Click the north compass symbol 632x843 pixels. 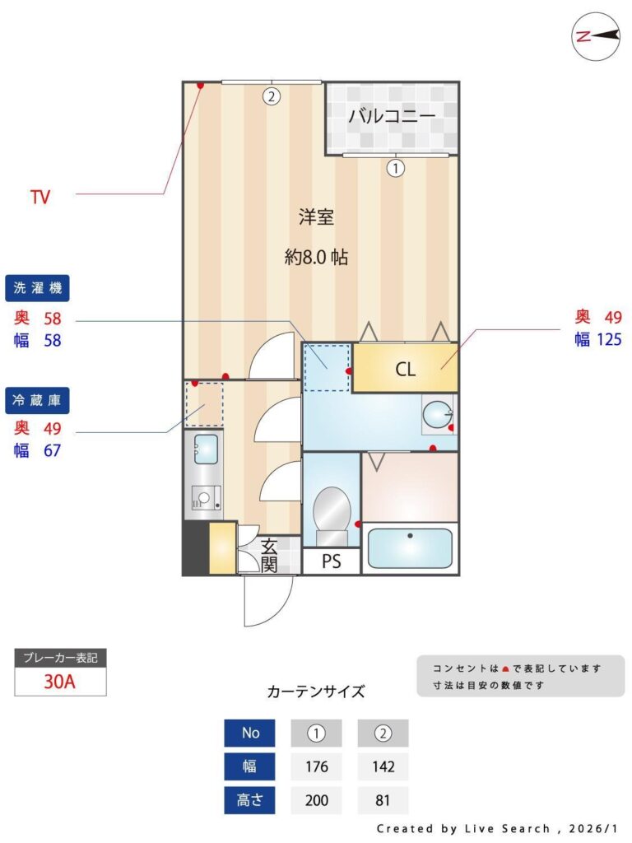point(596,36)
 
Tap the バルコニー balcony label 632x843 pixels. point(392,115)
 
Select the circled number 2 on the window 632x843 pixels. point(272,97)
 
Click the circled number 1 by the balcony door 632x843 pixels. point(396,168)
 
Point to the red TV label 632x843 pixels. point(40,198)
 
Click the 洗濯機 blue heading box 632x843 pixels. point(37,288)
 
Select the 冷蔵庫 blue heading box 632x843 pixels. point(37,401)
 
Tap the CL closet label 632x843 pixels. point(405,370)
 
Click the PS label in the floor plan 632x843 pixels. point(331,561)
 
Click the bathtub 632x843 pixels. point(410,547)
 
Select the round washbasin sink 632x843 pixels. point(438,415)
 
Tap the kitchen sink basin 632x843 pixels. point(206,449)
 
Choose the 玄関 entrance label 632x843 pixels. point(269,555)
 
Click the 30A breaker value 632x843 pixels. point(59,682)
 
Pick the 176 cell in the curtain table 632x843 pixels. point(317,766)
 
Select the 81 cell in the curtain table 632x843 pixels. point(383,800)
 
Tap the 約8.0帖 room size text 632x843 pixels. point(317,258)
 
